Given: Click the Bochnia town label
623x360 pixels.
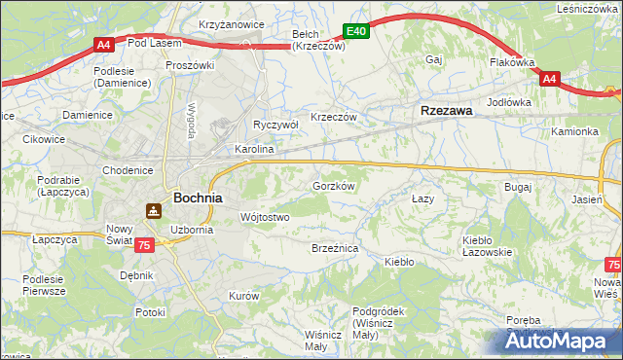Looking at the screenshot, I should tap(198, 197).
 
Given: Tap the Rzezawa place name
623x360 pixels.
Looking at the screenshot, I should tap(446, 111).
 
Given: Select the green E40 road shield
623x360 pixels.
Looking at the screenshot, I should tap(356, 32).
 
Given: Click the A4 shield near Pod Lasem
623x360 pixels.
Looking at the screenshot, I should tap(105, 44).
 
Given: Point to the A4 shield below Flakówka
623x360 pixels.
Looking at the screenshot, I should tap(549, 79).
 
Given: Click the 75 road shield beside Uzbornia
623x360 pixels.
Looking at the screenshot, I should tap(144, 246).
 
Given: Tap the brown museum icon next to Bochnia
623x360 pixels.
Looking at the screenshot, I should tap(154, 209).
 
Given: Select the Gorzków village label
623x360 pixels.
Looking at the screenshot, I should tap(333, 185).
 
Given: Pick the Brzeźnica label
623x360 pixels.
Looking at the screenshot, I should tap(335, 249).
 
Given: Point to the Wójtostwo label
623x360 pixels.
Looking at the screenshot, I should tap(264, 217).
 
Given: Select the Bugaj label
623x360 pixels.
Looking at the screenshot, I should tap(517, 185).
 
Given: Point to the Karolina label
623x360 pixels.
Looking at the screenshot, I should tap(254, 151).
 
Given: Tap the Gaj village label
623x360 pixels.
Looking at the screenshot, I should tap(434, 59).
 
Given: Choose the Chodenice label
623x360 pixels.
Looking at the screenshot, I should tap(128, 170).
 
